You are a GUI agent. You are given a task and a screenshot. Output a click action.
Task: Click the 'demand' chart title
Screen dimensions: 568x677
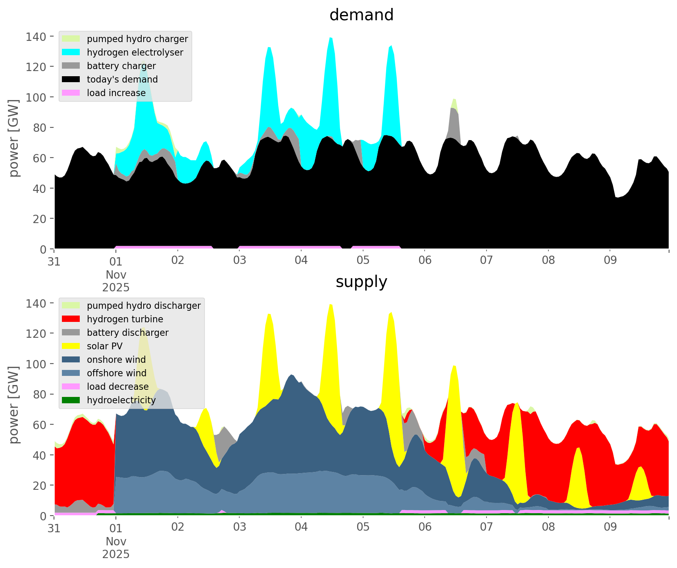[x=361, y=15]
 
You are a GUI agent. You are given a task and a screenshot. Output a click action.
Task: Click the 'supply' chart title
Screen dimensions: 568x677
[x=361, y=282]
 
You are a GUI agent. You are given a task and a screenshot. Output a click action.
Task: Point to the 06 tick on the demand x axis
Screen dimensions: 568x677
[x=425, y=261]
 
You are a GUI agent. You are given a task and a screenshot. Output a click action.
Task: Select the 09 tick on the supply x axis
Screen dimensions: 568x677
[x=610, y=528]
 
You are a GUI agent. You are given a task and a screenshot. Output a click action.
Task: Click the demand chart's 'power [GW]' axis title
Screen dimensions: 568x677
[x=14, y=138]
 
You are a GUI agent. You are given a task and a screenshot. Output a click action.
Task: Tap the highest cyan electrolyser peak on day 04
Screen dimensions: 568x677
[x=331, y=38]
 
